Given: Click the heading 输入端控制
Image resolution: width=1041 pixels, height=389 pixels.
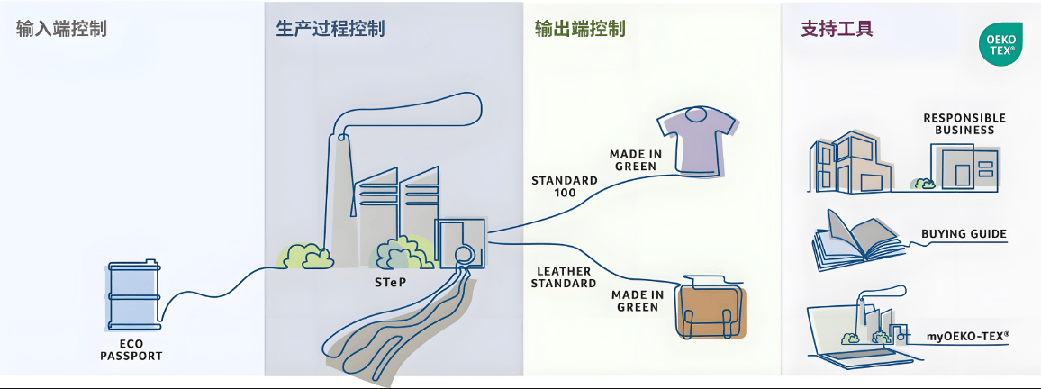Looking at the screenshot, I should pyautogui.click(x=61, y=28).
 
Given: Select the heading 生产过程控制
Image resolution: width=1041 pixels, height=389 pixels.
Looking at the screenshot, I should pyautogui.click(x=330, y=28).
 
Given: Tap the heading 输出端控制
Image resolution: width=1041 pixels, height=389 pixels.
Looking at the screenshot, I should pyautogui.click(x=579, y=28).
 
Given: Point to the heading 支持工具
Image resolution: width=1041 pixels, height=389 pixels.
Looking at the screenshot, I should pyautogui.click(x=837, y=28).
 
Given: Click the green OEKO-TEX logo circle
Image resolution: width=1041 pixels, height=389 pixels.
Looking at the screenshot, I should pyautogui.click(x=1000, y=44).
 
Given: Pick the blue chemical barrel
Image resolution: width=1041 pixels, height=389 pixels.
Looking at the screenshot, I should pyautogui.click(x=133, y=298).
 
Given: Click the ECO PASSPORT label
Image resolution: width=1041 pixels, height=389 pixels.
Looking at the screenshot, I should pyautogui.click(x=133, y=349).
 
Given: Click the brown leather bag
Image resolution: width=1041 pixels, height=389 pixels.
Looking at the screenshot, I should pyautogui.click(x=712, y=310).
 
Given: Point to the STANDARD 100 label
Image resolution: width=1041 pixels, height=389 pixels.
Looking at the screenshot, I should pyautogui.click(x=565, y=186).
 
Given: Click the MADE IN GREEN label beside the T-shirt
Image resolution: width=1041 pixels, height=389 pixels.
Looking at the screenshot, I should pyautogui.click(x=636, y=160).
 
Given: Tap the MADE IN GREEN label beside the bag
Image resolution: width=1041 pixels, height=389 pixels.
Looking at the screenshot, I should pyautogui.click(x=638, y=301).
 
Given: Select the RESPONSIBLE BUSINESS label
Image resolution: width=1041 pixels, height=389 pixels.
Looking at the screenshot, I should pyautogui.click(x=964, y=123).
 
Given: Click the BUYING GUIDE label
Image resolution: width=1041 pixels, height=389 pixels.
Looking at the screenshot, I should pyautogui.click(x=964, y=234).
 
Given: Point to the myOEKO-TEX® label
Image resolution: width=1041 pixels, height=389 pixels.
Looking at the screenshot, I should pyautogui.click(x=968, y=336).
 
